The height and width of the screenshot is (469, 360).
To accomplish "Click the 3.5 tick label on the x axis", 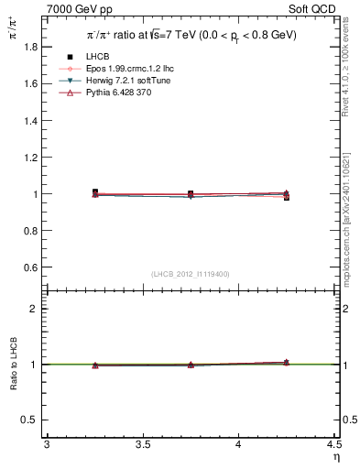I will pyautogui.click(x=142, y=445).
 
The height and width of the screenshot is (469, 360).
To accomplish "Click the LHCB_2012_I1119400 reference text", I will pyautogui.click(x=191, y=274).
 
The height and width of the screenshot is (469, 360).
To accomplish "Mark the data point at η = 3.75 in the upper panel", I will pyautogui.click(x=191, y=194).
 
